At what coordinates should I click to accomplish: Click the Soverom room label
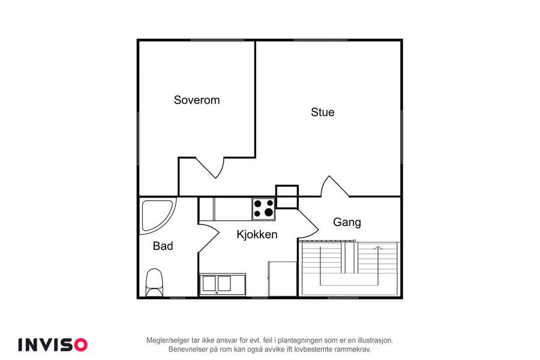coord(197,100)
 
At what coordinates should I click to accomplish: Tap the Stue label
coord(323,112)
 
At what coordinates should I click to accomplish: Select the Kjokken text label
coord(257,234)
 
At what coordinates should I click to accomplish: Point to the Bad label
coord(163,246)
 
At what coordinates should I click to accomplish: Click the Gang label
coord(347,222)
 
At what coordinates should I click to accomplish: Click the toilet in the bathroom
coord(154,283)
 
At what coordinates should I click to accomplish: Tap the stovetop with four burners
coord(263,209)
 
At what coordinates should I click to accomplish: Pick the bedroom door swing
coord(211,168)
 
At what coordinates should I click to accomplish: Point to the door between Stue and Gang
coord(334,187)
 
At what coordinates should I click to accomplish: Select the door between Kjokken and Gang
coord(308,224)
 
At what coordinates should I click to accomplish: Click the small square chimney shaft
coord(287,197)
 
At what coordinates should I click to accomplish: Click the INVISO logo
coord(53,345)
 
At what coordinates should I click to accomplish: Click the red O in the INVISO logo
coord(81,345)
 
